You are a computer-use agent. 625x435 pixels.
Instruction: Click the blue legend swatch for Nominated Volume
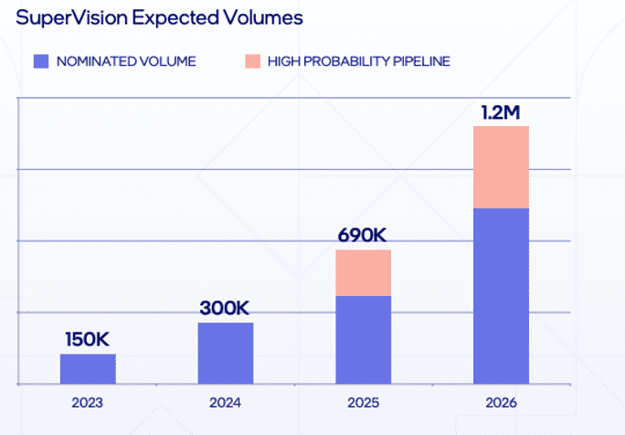[x=40, y=61]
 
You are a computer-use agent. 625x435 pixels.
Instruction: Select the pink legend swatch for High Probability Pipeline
[x=252, y=61]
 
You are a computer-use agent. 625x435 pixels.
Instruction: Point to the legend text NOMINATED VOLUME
[x=126, y=61]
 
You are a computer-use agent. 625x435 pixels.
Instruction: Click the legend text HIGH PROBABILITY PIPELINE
[x=359, y=61]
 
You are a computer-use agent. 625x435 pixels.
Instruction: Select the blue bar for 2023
[x=88, y=368]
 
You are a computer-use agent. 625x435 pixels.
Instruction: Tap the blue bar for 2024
[x=226, y=353]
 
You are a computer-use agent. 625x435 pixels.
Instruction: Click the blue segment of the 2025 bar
[x=363, y=339]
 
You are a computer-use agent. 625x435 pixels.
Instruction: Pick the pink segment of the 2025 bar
[x=363, y=272]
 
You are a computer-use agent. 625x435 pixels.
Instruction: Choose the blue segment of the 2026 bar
[x=501, y=295]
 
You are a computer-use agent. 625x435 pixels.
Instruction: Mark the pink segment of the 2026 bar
[x=501, y=166]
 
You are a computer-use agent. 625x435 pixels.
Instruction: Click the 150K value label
[x=88, y=339]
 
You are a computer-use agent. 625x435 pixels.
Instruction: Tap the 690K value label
[x=363, y=235]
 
